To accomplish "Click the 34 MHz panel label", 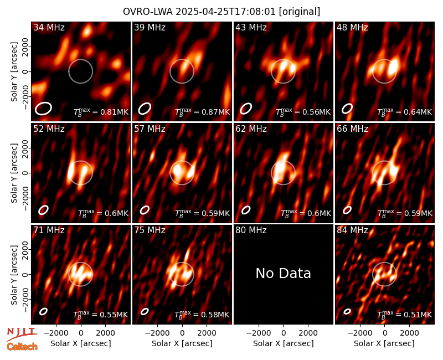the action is point(49,27).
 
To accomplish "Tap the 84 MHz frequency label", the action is point(352,230).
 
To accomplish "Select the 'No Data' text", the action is point(284,273).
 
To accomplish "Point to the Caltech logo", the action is point(22,347).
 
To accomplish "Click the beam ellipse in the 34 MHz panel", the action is point(43,109).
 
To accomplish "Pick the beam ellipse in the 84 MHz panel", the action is point(347,311).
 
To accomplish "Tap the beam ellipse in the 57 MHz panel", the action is point(145,210).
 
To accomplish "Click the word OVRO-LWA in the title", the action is point(148,12).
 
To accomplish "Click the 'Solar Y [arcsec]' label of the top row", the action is point(14,72).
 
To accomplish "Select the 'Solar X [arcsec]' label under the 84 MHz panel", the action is point(384,343).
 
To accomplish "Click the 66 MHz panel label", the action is point(352,129).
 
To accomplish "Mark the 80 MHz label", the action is point(251,230).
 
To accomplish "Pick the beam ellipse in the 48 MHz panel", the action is point(347,109).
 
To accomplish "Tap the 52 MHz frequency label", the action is point(49,129).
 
